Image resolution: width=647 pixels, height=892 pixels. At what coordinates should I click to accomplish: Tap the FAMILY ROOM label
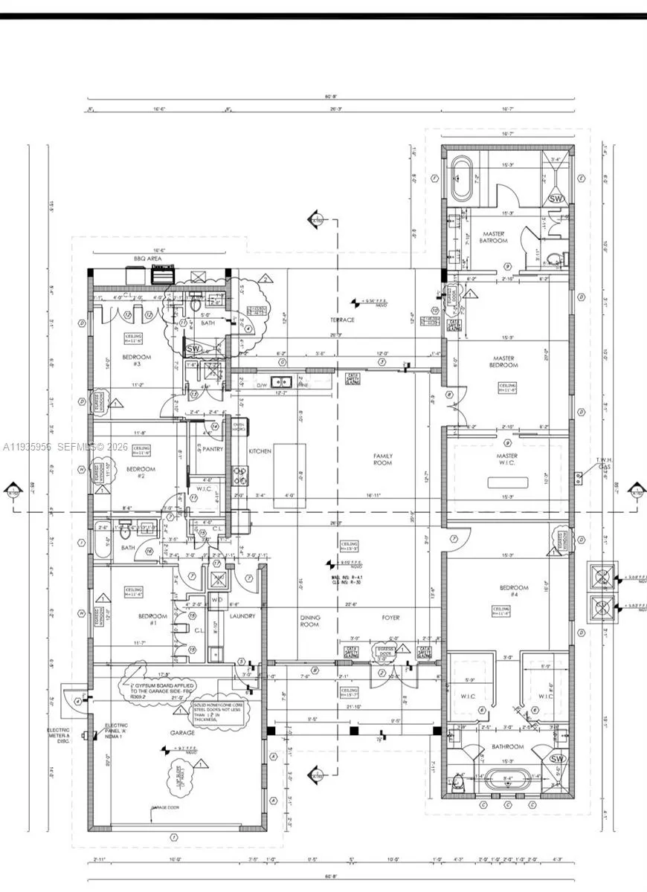[383, 459]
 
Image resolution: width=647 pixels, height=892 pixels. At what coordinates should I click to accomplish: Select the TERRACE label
[343, 320]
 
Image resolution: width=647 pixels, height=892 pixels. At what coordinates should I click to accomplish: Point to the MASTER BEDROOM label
[503, 362]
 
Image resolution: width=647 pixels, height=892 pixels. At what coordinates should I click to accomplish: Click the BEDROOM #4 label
[515, 592]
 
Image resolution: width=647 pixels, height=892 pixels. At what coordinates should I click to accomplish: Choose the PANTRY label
[203, 449]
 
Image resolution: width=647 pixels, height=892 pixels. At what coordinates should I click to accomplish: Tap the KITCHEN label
[260, 451]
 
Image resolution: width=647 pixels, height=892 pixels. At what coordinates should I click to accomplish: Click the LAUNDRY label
[242, 616]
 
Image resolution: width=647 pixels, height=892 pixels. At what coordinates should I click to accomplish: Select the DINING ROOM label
[309, 621]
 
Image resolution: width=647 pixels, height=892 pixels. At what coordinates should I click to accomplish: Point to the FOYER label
[390, 618]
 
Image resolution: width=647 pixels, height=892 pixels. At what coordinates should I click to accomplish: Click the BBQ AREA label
[147, 258]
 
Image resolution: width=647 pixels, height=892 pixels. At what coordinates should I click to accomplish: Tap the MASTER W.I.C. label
[507, 461]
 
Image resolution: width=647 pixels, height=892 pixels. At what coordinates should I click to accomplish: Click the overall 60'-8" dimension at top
[332, 97]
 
